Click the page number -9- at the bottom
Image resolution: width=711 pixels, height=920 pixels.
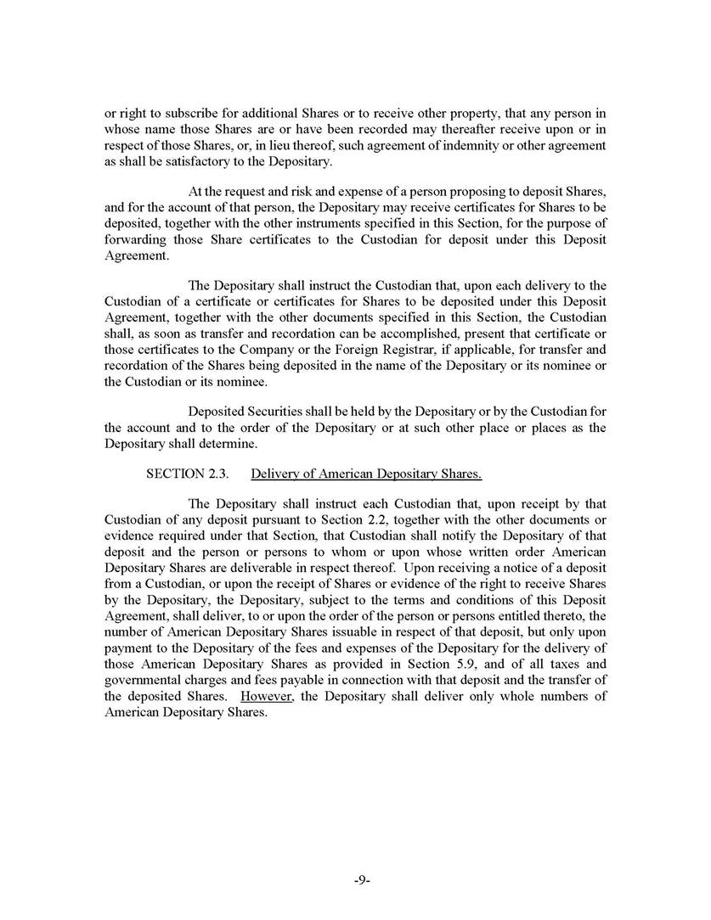[360, 881]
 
